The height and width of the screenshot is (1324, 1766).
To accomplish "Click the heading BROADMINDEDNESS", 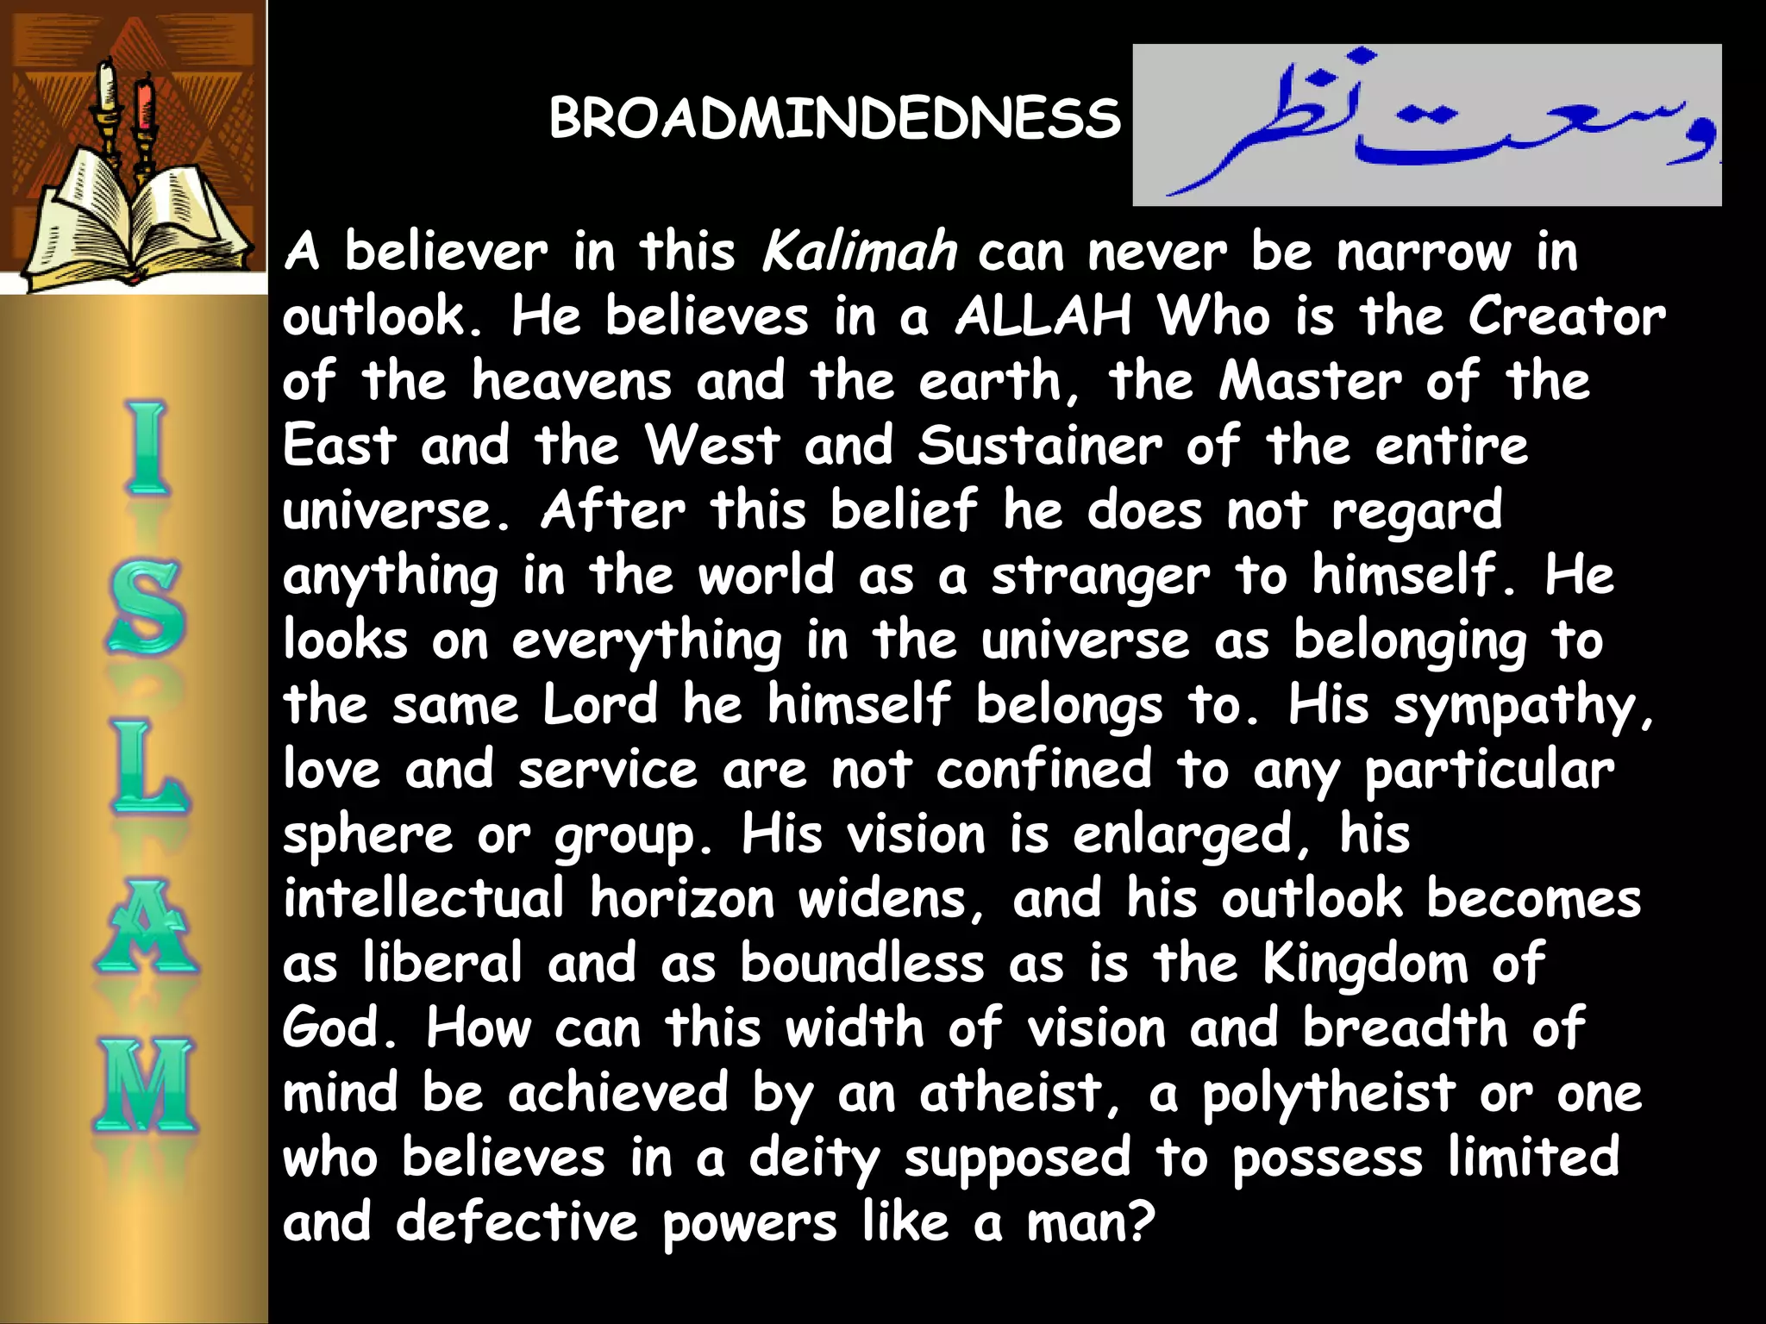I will (x=834, y=118).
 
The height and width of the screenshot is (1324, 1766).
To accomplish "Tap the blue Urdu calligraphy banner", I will (x=1426, y=125).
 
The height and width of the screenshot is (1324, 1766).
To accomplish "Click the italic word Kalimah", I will (x=859, y=252).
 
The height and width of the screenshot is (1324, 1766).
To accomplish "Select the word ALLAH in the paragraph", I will (x=1043, y=316).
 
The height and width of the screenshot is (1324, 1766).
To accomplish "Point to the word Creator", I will (x=1567, y=316).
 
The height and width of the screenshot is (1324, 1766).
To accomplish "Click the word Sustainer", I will (x=1039, y=446).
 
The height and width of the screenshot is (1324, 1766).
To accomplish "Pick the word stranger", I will (x=1100, y=576).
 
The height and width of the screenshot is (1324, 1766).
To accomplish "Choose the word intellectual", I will (x=423, y=899).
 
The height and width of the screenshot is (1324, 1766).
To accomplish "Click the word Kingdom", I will (x=1365, y=964).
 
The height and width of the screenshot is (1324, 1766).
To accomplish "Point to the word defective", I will (x=517, y=1222).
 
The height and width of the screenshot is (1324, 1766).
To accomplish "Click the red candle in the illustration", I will (x=144, y=103).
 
